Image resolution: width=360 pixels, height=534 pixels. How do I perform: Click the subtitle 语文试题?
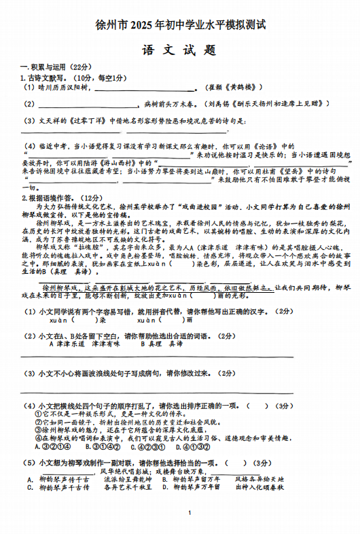click(x=179, y=50)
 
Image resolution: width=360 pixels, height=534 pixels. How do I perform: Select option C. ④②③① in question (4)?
click(x=145, y=447)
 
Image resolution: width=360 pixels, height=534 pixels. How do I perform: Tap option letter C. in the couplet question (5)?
click(x=31, y=487)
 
